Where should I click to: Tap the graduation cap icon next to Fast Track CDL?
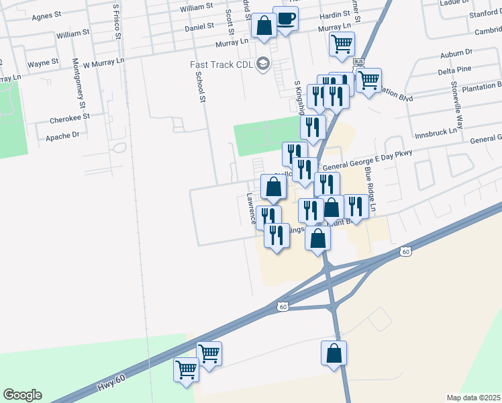tap(263, 64)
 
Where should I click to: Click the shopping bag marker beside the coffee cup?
tap(264, 27)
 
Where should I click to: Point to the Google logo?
tap(22, 395)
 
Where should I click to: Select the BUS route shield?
tap(358, 62)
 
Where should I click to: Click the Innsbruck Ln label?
tap(435, 131)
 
